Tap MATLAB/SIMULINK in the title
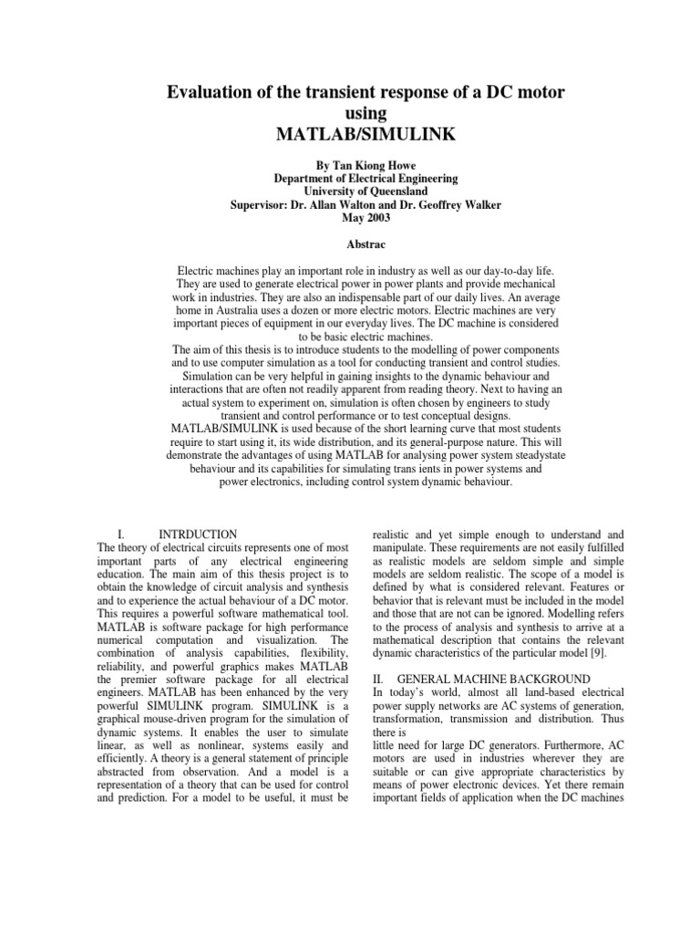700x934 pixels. [x=350, y=135]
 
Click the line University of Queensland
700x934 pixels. [x=350, y=192]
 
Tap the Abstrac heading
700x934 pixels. [x=350, y=245]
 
